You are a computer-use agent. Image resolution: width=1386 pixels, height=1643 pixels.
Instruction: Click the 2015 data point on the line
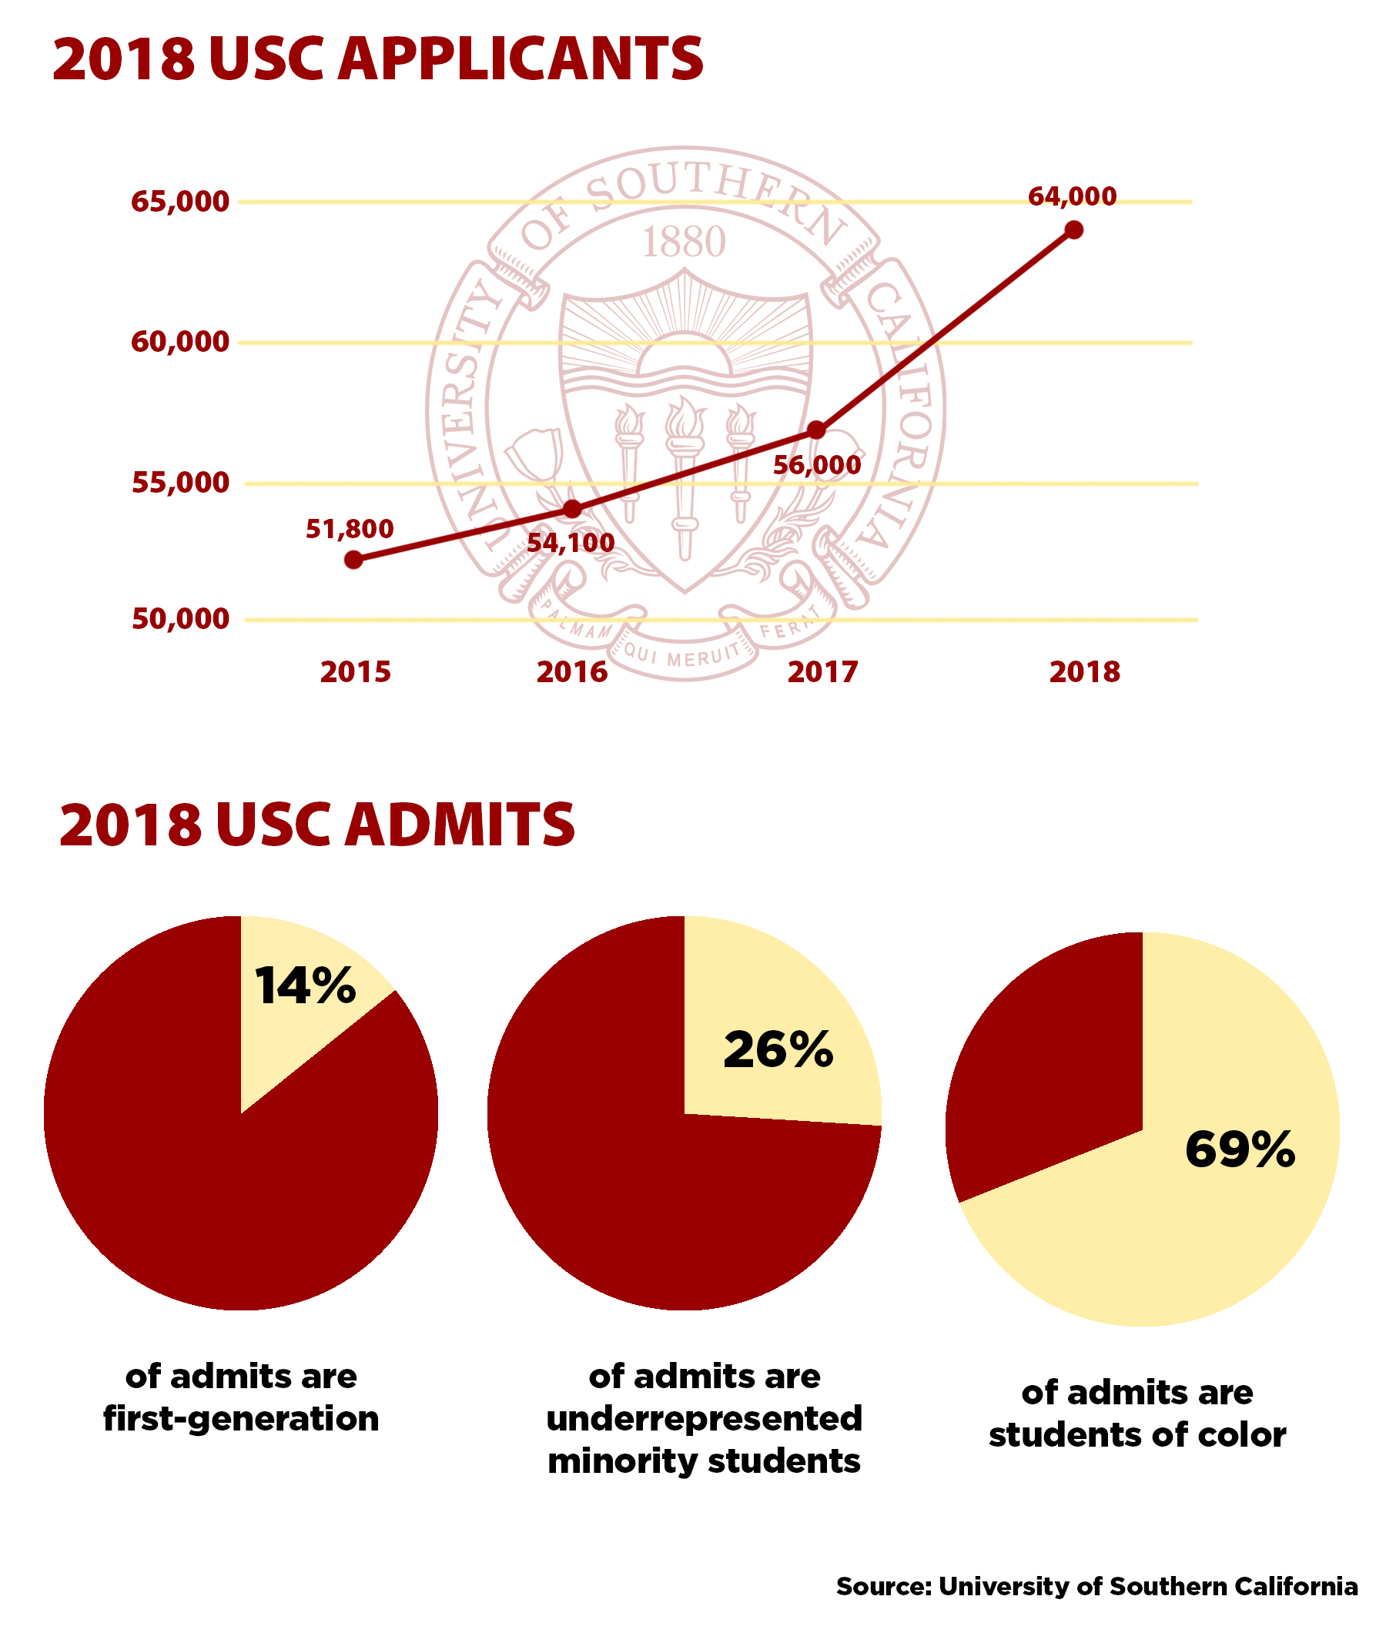pos(353,560)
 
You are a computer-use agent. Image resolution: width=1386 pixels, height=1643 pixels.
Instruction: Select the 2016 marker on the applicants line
pos(573,509)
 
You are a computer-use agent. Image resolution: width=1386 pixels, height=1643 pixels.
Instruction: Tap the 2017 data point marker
pos(816,430)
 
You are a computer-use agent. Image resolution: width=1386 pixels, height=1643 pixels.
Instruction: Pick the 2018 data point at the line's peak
pos(1074,229)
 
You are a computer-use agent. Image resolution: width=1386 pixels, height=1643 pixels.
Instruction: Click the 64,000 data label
pos(1072,196)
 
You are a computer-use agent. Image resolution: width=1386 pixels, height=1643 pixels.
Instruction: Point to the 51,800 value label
pos(350,529)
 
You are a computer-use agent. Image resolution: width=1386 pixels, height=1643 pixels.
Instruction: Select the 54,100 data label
pos(571,542)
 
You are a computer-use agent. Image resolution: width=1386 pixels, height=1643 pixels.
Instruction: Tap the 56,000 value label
pos(817,465)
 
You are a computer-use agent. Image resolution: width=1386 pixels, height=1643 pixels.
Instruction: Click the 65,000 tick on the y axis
pos(180,202)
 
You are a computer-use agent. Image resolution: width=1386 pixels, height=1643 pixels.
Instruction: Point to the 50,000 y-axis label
pos(180,619)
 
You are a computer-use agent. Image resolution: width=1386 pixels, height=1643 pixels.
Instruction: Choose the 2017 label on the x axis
pos(822,672)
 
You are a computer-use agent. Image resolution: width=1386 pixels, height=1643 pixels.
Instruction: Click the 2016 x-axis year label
pos(572,672)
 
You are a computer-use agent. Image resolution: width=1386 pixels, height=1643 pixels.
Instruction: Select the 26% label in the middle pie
pos(778,1049)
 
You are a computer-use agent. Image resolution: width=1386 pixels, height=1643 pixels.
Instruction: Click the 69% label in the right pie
pos(1240,1150)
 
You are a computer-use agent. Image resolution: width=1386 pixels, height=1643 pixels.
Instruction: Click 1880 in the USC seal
pos(684,242)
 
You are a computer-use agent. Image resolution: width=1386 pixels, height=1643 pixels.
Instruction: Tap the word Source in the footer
pos(883,1585)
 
